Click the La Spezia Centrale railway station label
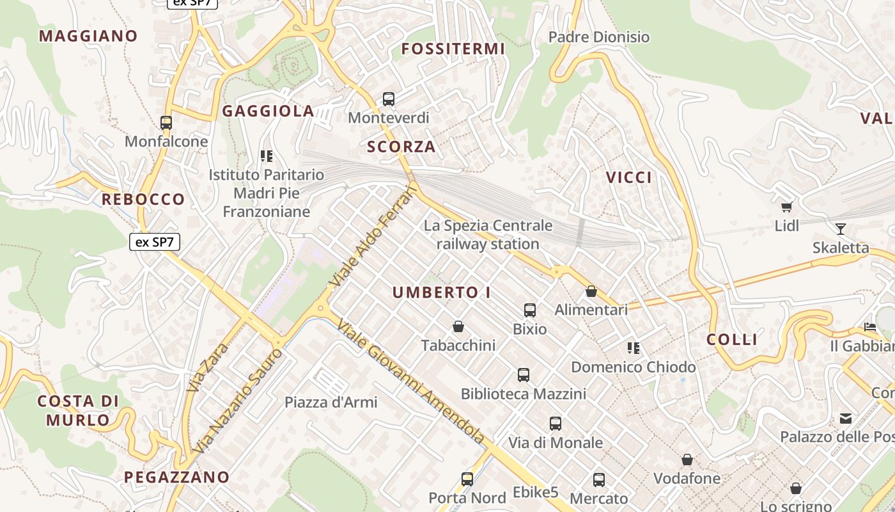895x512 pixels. click(488, 235)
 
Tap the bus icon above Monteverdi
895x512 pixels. click(389, 99)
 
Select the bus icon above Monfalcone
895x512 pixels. click(166, 122)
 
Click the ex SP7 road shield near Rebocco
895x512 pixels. click(155, 242)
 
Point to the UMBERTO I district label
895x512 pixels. click(442, 292)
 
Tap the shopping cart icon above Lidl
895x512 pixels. click(787, 207)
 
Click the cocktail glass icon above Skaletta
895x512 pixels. click(840, 228)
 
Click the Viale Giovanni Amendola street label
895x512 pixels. click(410, 382)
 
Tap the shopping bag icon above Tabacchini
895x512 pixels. click(458, 326)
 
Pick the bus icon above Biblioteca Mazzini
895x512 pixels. click(524, 374)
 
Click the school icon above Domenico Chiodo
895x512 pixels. click(634, 348)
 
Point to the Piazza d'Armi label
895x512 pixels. click(331, 403)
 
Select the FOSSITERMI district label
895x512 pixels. click(453, 49)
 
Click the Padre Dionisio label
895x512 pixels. click(599, 37)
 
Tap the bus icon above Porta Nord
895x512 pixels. click(467, 479)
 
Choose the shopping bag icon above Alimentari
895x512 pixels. click(591, 291)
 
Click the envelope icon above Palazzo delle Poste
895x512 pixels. click(846, 419)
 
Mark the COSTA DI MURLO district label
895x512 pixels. click(78, 411)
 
